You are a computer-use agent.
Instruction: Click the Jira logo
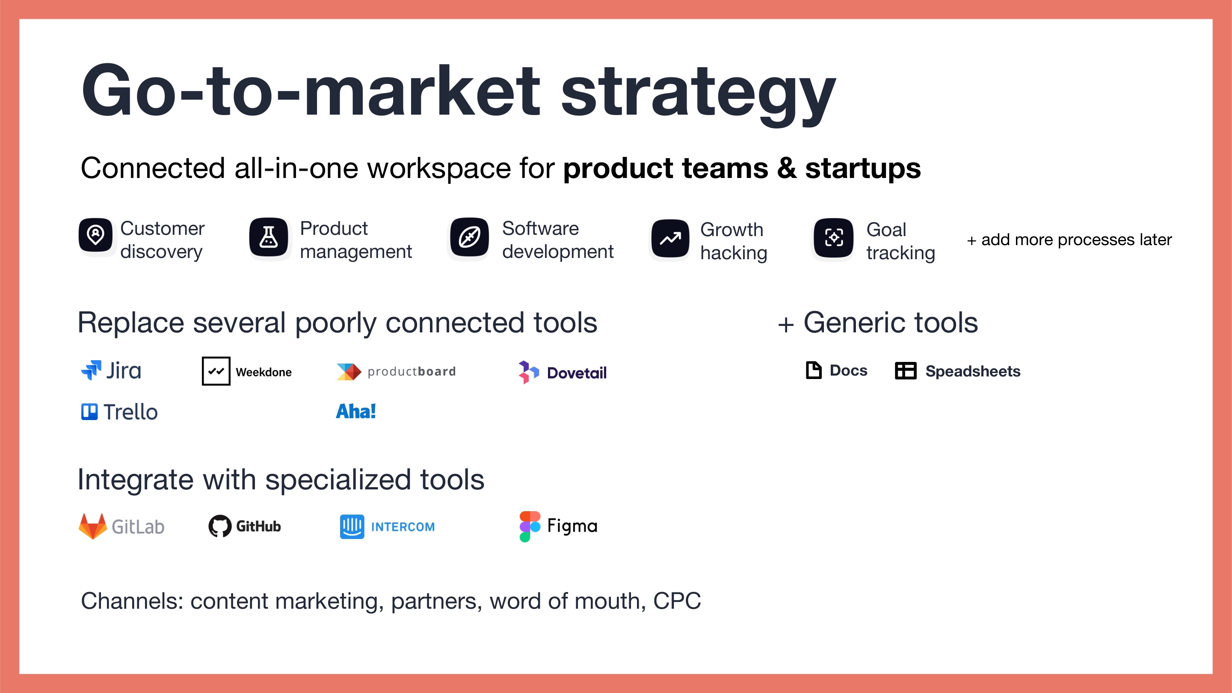click(111, 370)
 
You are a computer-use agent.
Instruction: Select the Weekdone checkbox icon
click(216, 371)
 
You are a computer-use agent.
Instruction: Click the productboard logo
click(396, 372)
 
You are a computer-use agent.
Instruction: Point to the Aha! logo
click(356, 411)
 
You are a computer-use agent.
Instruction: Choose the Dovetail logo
click(563, 372)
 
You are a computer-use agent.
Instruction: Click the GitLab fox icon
click(93, 526)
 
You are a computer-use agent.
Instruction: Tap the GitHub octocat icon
click(220, 526)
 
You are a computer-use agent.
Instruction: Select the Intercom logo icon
click(352, 527)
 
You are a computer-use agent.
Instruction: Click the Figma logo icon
click(530, 526)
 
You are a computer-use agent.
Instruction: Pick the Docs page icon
click(814, 370)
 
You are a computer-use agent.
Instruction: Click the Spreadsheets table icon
click(905, 370)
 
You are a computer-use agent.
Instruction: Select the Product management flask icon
click(269, 237)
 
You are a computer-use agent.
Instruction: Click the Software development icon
click(470, 237)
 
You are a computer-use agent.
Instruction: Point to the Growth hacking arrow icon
click(670, 238)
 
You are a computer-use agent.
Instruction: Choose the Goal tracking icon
click(834, 238)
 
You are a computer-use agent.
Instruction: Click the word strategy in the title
click(698, 93)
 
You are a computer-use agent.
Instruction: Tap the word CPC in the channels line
click(677, 601)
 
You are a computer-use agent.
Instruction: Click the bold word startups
click(863, 169)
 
